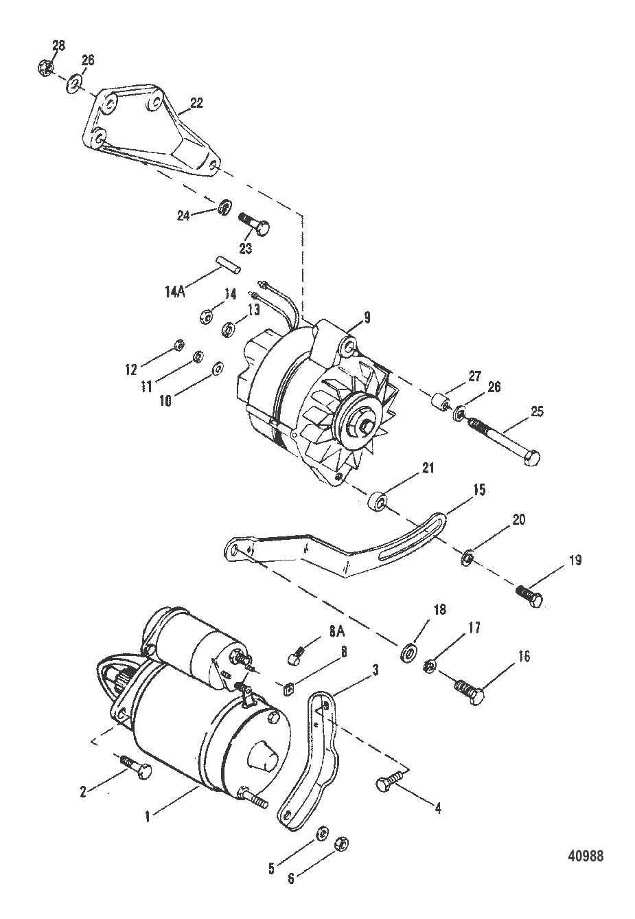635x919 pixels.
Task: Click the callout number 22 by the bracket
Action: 196,104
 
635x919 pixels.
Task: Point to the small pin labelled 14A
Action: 226,263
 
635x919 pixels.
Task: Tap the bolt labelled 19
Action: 529,595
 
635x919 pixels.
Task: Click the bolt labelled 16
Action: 470,690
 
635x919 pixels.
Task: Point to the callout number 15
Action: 478,489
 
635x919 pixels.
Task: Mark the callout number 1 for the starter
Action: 146,817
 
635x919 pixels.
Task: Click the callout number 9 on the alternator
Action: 367,317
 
